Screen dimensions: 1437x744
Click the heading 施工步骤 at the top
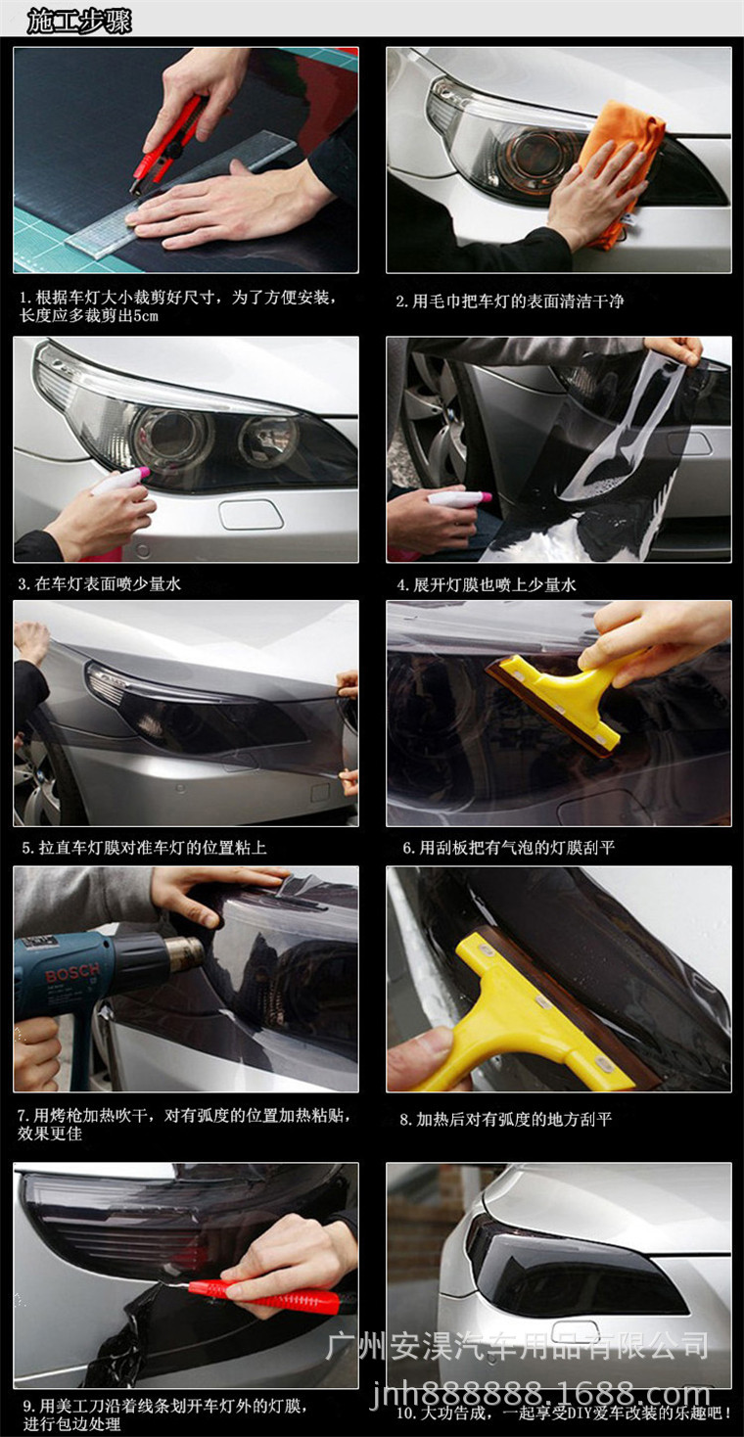pos(79,21)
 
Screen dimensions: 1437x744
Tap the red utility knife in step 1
pos(172,136)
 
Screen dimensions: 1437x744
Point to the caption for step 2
pos(509,301)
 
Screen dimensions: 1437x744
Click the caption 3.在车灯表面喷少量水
pos(100,584)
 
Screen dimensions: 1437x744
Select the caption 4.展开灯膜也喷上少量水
pos(487,584)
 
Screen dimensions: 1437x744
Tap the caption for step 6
pos(509,848)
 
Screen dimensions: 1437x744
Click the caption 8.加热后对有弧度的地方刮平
pos(505,1119)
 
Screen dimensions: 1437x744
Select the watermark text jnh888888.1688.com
pos(542,1393)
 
